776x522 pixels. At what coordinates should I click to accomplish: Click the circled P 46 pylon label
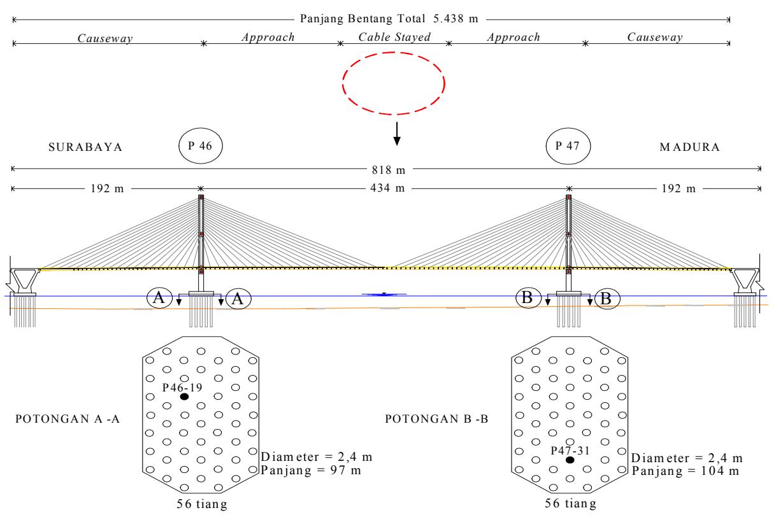[x=201, y=146]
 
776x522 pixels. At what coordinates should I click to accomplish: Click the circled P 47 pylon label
[x=568, y=146]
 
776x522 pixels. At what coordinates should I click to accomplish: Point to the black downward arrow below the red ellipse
[x=397, y=134]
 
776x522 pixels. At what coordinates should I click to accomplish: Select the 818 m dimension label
[x=389, y=170]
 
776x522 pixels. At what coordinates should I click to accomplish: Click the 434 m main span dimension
[x=387, y=188]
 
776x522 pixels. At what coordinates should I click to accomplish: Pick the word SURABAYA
[x=85, y=147]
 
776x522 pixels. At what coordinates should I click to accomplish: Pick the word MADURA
[x=690, y=147]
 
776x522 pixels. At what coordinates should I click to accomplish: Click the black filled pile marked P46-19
[x=184, y=397]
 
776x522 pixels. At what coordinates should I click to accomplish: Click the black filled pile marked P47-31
[x=570, y=460]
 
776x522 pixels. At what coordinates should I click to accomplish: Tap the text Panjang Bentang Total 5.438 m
[x=389, y=18]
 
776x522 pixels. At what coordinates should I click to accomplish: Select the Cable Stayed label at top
[x=394, y=37]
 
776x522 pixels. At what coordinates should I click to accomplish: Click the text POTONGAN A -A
[x=68, y=419]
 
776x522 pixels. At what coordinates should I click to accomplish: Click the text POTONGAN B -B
[x=437, y=419]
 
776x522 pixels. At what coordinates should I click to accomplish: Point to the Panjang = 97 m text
[x=311, y=470]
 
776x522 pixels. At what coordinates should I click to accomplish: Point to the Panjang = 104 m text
[x=686, y=471]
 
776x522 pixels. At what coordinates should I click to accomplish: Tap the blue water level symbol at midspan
[x=384, y=294]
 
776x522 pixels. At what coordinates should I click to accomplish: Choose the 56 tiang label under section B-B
[x=571, y=504]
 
